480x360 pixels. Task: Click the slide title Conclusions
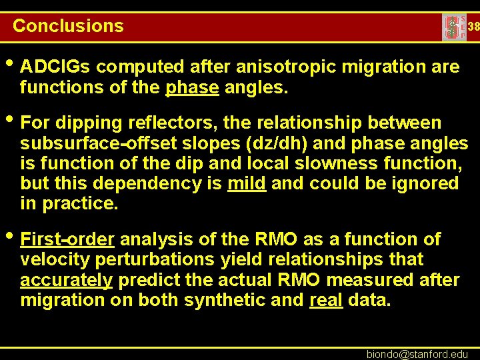coord(68,26)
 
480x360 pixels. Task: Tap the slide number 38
coord(473,27)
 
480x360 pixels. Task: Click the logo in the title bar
coord(453,27)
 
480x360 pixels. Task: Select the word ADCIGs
coord(55,67)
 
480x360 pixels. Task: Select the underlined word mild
coord(247,183)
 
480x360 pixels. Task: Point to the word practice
coord(80,203)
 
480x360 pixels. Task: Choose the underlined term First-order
coord(67,239)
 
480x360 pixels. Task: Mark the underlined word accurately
coord(66,279)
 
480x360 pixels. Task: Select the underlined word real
coord(326,299)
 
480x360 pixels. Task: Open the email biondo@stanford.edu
coord(417,353)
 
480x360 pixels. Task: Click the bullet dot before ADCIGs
coord(10,65)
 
